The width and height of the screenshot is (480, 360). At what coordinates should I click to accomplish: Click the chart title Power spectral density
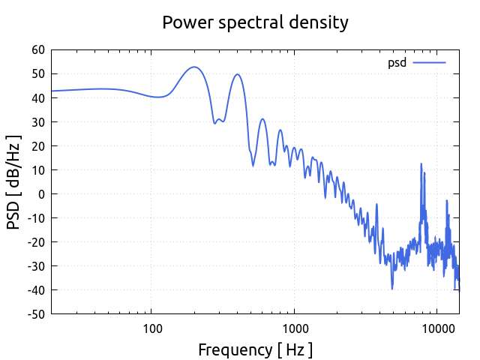(255, 22)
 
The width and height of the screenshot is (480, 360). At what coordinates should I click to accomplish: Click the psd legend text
(397, 62)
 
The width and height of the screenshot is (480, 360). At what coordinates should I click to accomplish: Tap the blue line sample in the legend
(429, 62)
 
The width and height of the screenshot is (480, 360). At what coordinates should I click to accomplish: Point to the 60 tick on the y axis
(37, 49)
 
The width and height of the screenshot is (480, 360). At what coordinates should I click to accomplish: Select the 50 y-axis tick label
(37, 73)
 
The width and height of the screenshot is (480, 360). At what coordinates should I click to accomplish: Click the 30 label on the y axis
(37, 121)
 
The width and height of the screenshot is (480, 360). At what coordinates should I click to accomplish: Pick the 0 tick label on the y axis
(41, 193)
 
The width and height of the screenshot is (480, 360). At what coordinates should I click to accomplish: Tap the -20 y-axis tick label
(35, 241)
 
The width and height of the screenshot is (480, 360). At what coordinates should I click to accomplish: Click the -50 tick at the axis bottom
(35, 313)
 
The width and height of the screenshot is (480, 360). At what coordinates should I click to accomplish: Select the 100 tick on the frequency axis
(151, 328)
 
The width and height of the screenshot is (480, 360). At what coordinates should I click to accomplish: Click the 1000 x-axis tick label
(294, 328)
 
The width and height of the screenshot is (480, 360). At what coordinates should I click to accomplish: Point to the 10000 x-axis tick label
(436, 328)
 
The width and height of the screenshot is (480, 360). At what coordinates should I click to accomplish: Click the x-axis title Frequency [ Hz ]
(255, 349)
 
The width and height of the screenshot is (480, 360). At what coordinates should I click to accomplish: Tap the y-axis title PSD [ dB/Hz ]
(13, 182)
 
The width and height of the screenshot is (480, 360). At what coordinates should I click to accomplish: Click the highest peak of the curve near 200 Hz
(194, 67)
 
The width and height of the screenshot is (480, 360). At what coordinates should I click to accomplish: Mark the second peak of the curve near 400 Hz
(237, 74)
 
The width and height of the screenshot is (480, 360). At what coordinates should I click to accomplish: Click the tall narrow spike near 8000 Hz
(421, 163)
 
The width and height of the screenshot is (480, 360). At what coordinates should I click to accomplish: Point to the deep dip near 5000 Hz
(391, 288)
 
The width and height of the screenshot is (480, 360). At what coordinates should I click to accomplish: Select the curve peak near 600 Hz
(262, 119)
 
